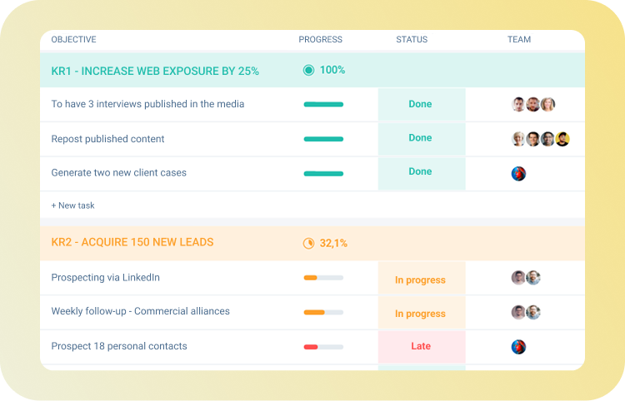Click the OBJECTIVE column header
pyautogui.click(x=73, y=40)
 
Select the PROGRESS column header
pyautogui.click(x=320, y=40)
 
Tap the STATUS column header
pyautogui.click(x=412, y=40)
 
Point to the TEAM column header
pyautogui.click(x=519, y=40)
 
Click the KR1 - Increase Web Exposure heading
pyautogui.click(x=155, y=72)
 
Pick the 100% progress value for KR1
pyautogui.click(x=332, y=71)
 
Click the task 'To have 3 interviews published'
pyautogui.click(x=147, y=104)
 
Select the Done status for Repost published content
pyautogui.click(x=421, y=138)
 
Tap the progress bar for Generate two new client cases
pyautogui.click(x=323, y=174)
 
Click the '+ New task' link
pyautogui.click(x=73, y=205)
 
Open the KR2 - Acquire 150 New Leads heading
pyautogui.click(x=132, y=243)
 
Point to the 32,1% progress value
pyautogui.click(x=333, y=244)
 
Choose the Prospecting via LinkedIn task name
pyautogui.click(x=105, y=278)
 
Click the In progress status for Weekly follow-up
pyautogui.click(x=420, y=314)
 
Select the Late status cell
pyautogui.click(x=421, y=346)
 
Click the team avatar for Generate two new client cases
pyautogui.click(x=518, y=174)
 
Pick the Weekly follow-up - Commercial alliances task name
pyautogui.click(x=140, y=311)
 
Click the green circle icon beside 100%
pyautogui.click(x=308, y=71)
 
